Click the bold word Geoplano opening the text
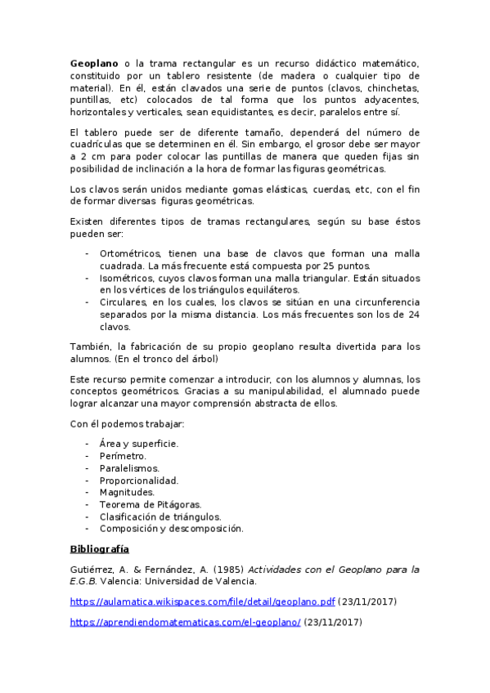pos(94,63)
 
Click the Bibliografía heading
pos(100,549)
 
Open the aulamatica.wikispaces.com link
pos(203,602)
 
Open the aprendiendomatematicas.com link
pos(186,622)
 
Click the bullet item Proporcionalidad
pos(138,481)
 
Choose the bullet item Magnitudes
pos(127,493)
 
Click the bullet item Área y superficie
pos(138,444)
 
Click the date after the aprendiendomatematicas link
pos(333,622)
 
